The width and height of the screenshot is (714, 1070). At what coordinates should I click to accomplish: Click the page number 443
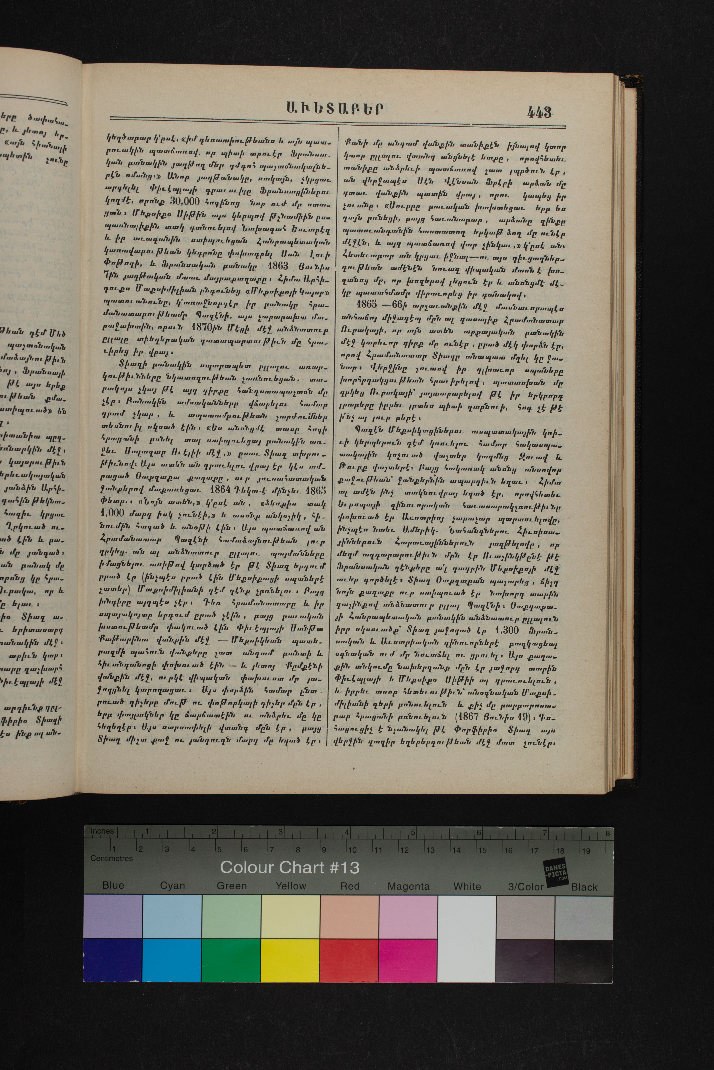(540, 112)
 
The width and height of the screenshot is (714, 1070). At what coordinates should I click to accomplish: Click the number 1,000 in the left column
(112, 512)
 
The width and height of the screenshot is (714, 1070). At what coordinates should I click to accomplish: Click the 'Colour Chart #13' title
(290, 868)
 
